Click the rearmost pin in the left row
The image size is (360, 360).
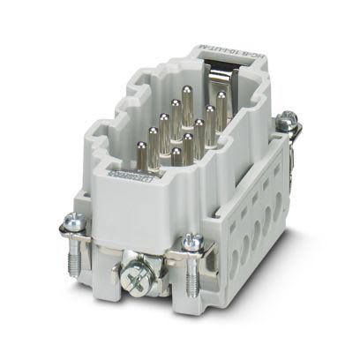point(187,95)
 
